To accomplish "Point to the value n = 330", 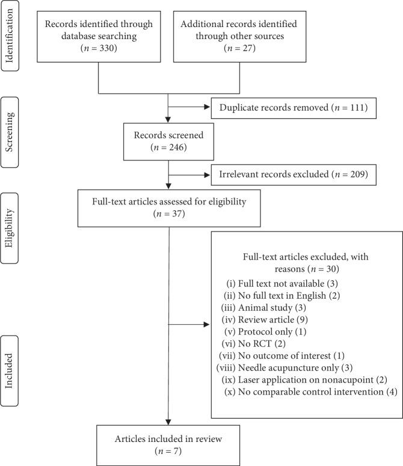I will pyautogui.click(x=99, y=49).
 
